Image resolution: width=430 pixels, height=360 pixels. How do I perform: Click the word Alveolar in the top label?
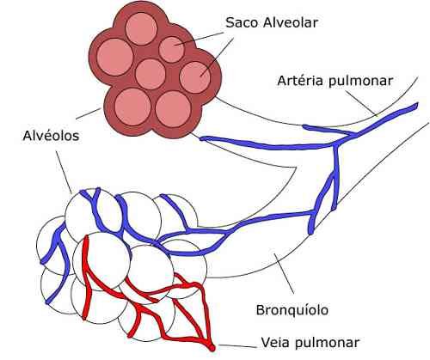pos(291,22)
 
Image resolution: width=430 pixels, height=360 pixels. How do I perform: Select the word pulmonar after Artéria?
pos(360,81)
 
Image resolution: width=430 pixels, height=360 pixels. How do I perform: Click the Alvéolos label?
pos(51,136)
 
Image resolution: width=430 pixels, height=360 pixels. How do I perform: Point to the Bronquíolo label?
pos(292,310)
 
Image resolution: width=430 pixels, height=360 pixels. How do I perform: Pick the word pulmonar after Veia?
pos(327,343)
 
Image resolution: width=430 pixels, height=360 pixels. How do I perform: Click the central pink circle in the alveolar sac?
pos(150,74)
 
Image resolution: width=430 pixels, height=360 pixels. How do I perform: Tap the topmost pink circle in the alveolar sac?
pos(141,28)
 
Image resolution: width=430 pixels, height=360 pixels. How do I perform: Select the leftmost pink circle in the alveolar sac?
pos(115,57)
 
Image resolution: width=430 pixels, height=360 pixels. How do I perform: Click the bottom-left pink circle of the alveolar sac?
pos(132,107)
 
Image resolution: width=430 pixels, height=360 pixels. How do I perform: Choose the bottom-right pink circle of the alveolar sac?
pos(173,109)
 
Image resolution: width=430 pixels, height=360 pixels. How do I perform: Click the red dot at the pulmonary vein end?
pos(212,348)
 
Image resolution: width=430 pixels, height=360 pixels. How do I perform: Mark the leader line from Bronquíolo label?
pos(284,273)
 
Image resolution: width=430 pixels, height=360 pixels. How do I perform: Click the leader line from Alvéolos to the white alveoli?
pos(64,172)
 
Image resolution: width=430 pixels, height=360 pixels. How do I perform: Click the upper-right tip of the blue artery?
pos(417,104)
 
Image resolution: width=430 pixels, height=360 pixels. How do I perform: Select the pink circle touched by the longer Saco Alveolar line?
pos(195,77)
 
